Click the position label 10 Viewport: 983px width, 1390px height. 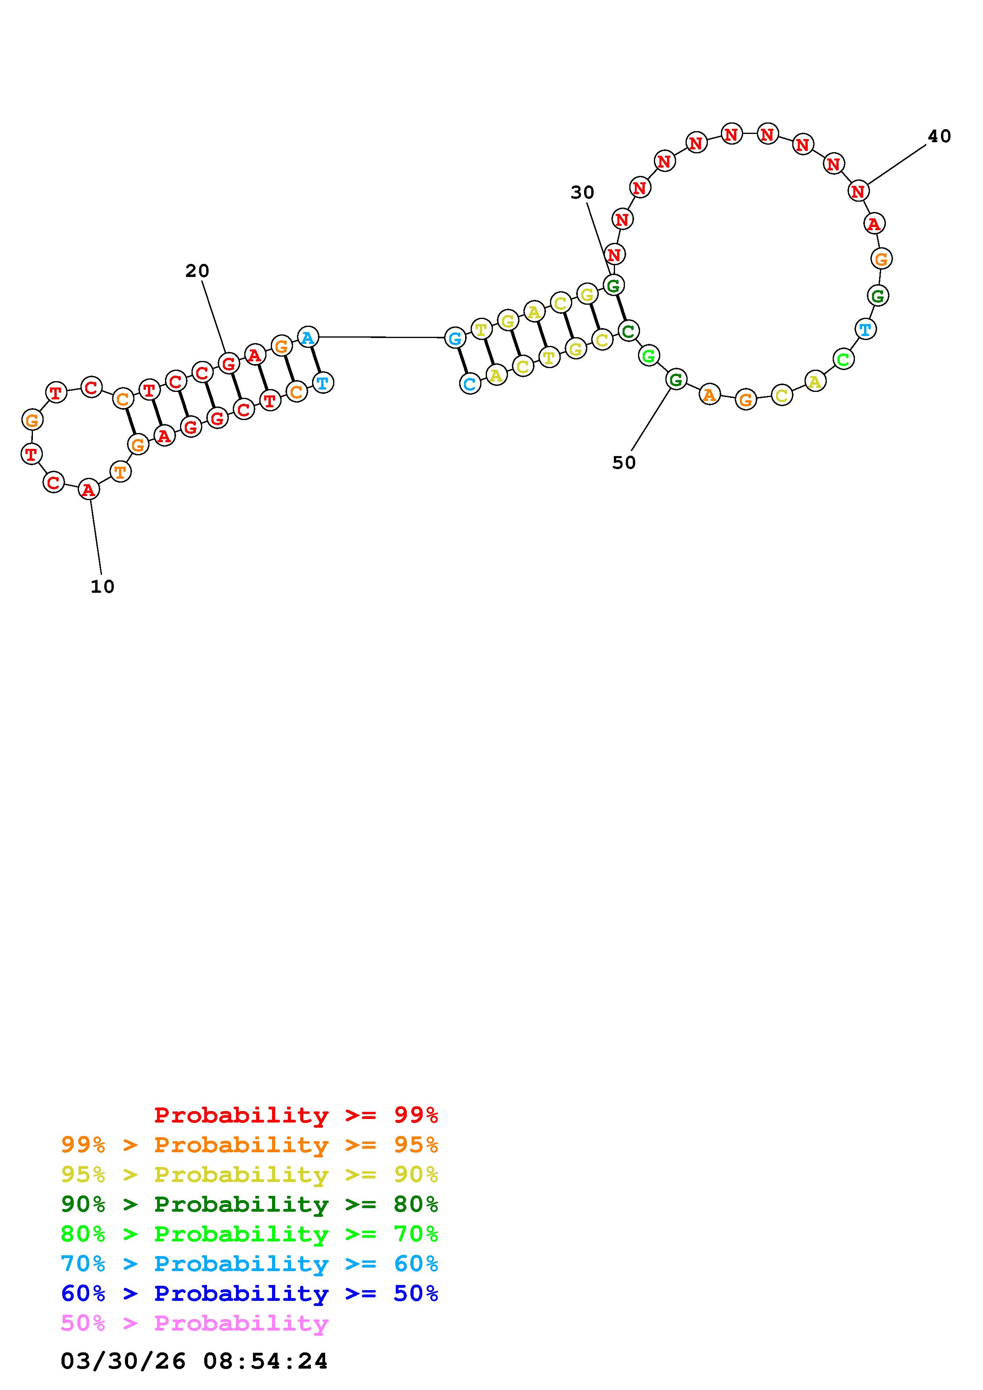click(102, 587)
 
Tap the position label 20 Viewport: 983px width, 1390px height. click(197, 271)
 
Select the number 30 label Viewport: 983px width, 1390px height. click(583, 193)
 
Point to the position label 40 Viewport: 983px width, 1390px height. click(939, 136)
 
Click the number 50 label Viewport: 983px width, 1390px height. click(624, 462)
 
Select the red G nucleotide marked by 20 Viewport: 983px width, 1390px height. click(228, 364)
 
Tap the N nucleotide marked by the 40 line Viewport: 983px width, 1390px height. click(858, 191)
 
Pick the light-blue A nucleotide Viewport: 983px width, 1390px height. click(308, 337)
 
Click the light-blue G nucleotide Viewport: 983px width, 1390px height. click(455, 338)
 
